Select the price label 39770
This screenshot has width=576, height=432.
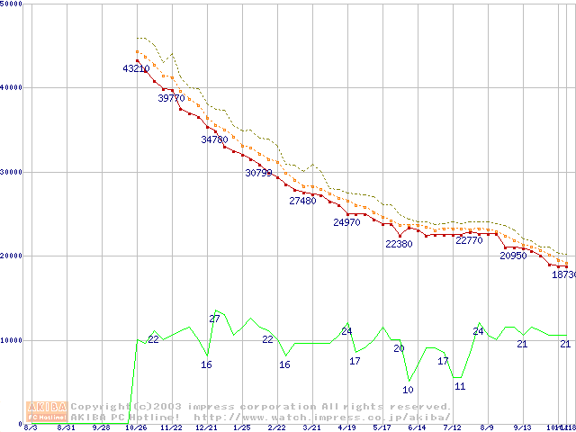[171, 99]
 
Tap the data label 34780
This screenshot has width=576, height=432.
[214, 139]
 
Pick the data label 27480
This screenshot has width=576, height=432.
[302, 201]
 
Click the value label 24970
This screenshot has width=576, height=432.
[346, 221]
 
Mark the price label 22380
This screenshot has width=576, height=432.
[399, 244]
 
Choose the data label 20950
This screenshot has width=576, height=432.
[513, 256]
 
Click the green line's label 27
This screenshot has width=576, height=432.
[214, 319]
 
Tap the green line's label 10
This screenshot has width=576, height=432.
[408, 390]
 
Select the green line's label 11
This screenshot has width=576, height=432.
[460, 386]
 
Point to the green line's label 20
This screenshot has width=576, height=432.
[399, 348]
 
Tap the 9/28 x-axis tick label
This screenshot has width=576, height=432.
[101, 427]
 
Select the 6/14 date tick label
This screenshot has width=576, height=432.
[417, 427]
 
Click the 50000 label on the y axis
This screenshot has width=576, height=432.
[13, 4]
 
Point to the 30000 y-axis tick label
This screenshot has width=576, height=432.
[13, 172]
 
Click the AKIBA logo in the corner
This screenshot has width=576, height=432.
[47, 411]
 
